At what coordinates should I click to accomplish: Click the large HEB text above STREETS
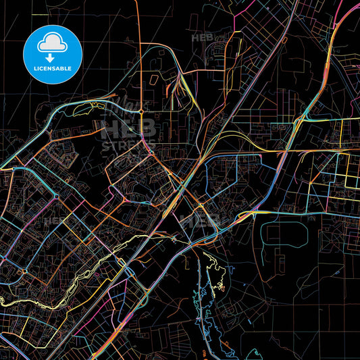pos(128,128)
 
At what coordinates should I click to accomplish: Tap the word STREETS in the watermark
pos(128,145)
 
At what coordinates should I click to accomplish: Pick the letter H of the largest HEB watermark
pos(109,128)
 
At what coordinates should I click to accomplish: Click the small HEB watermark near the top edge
pos(202,38)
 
